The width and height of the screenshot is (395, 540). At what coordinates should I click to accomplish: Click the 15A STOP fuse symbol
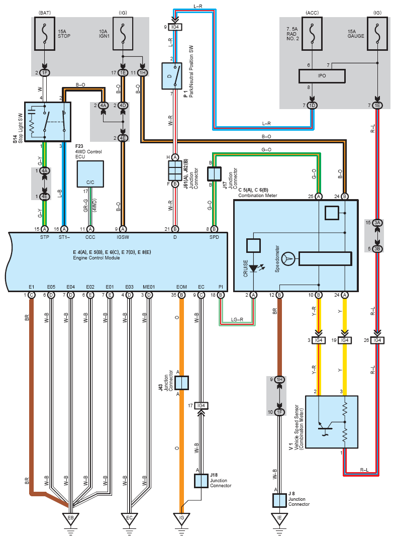pyautogui.click(x=44, y=33)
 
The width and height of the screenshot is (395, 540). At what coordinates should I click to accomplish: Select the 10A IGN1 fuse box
pyautogui.click(x=123, y=33)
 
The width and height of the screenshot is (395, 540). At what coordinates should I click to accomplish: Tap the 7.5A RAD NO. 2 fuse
pyautogui.click(x=312, y=33)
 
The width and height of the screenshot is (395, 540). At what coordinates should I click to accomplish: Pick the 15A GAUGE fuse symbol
pyautogui.click(x=377, y=33)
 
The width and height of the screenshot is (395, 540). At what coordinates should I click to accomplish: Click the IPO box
pyautogui.click(x=322, y=76)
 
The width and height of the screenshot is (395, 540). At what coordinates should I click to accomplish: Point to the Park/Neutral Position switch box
pyautogui.click(x=172, y=76)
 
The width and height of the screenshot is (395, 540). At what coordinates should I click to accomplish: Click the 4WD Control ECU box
pyautogui.click(x=90, y=174)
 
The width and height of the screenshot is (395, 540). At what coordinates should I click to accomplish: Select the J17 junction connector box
pyautogui.click(x=214, y=174)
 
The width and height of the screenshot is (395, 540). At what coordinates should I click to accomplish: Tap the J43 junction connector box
pyautogui.click(x=181, y=383)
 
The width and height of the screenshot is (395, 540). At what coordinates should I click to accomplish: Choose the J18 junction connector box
pyautogui.click(x=201, y=481)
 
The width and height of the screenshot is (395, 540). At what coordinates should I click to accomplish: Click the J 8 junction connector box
pyautogui.click(x=279, y=500)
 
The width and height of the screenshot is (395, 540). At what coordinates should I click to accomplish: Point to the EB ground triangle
pyautogui.click(x=70, y=519)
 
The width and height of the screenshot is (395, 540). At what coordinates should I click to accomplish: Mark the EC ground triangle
pyautogui.click(x=129, y=519)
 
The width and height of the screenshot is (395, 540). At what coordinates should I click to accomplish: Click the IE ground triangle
pyautogui.click(x=279, y=519)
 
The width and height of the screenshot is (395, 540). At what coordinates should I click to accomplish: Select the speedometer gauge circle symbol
pyautogui.click(x=288, y=258)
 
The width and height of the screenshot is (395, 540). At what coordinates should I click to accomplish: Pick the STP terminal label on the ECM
pyautogui.click(x=44, y=237)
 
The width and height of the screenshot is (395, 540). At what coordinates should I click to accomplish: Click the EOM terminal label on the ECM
pyautogui.click(x=181, y=287)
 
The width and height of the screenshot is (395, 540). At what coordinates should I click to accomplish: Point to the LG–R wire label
pyautogui.click(x=237, y=320)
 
